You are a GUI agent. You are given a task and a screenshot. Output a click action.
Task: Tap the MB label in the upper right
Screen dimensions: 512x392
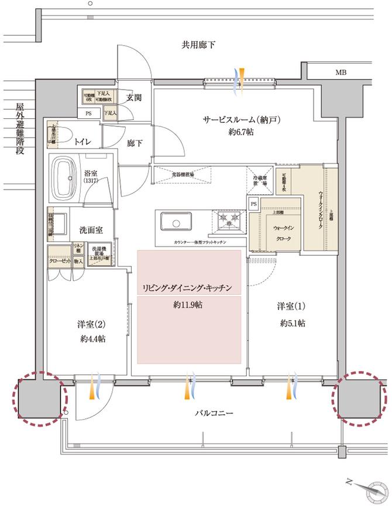(x=341, y=73)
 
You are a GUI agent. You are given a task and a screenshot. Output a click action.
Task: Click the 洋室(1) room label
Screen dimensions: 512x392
(x=291, y=306)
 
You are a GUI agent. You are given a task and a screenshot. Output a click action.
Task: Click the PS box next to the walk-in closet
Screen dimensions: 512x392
(x=254, y=204)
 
